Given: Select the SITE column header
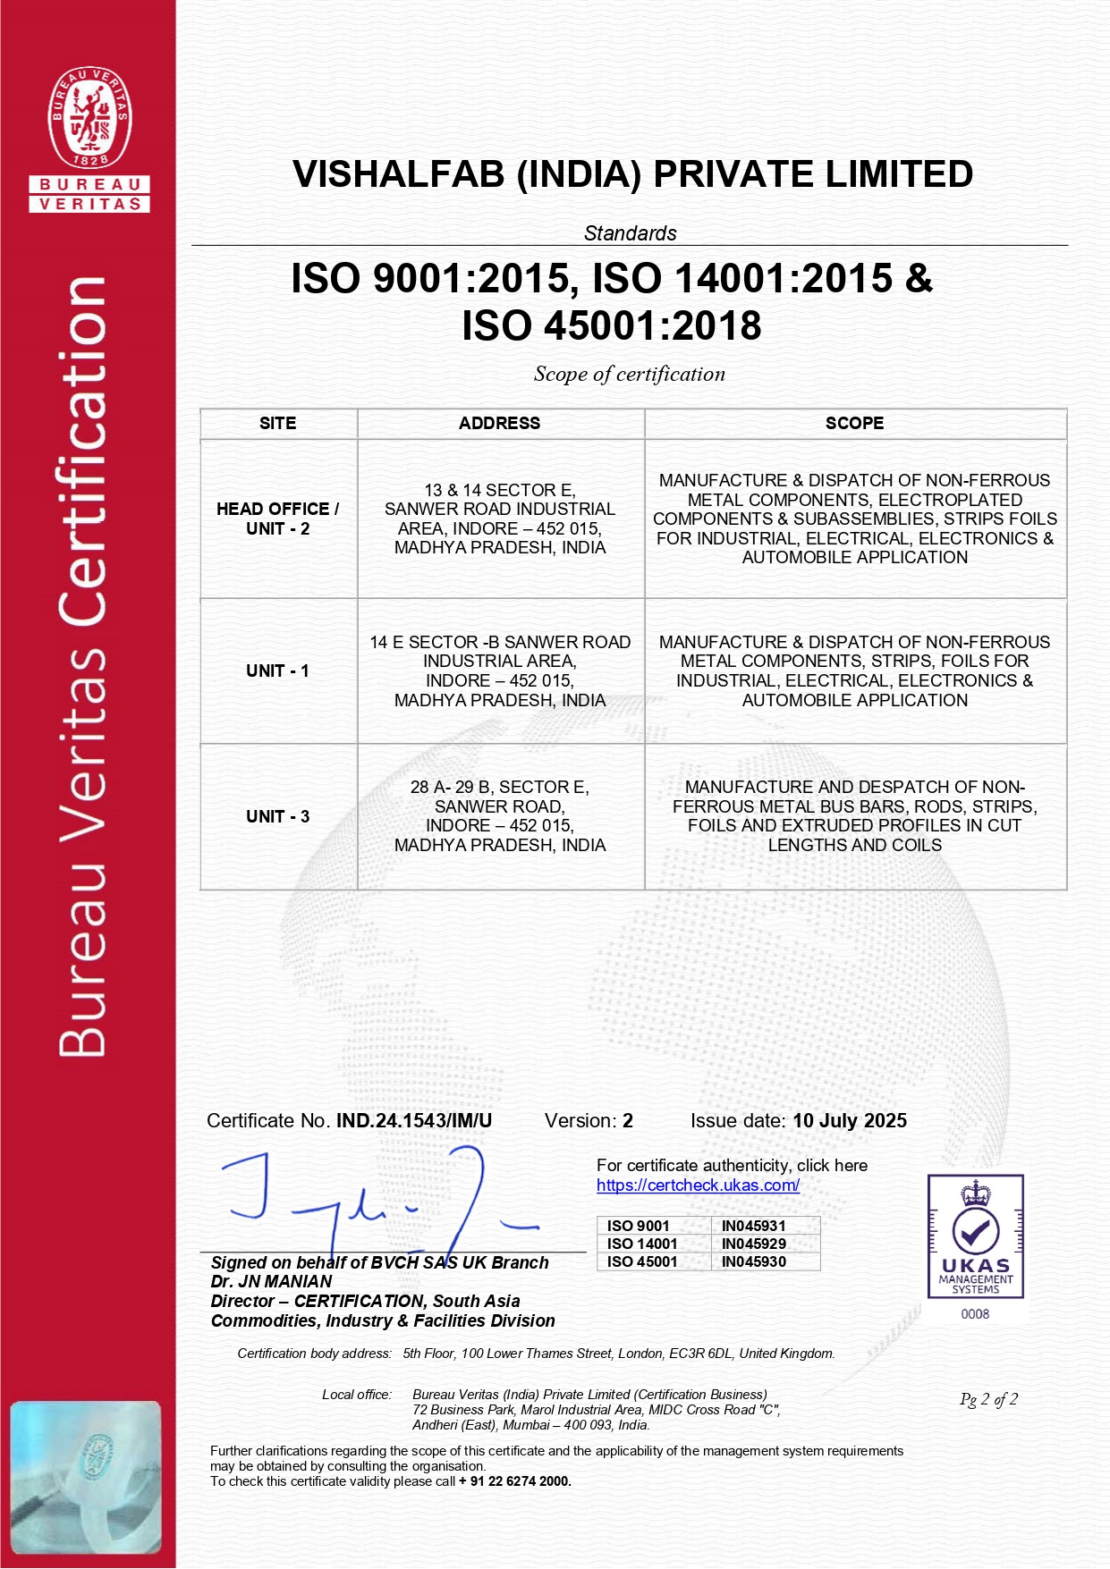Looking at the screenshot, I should tap(277, 424).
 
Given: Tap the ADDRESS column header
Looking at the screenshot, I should tap(499, 424).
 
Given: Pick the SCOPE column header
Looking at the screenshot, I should tap(854, 424).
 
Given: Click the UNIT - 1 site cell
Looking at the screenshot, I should tap(277, 671).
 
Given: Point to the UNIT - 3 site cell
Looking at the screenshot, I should tap(277, 816).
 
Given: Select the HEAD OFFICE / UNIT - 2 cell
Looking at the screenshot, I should tap(277, 519).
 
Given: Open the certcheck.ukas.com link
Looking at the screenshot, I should tap(698, 1185).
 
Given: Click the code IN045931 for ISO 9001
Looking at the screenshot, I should tap(753, 1226).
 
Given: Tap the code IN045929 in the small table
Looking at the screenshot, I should tap(753, 1244).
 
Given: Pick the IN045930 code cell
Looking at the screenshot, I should tap(753, 1261).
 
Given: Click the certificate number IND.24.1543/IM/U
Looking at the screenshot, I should tap(413, 1121).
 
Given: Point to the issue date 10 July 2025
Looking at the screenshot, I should tap(849, 1121).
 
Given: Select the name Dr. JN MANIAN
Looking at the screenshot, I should tap(271, 1281).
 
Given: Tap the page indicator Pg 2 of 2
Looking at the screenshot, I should tap(988, 1399).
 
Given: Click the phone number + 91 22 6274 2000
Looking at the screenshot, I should tap(514, 1481).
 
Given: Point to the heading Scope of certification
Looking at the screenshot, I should tap(629, 375).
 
